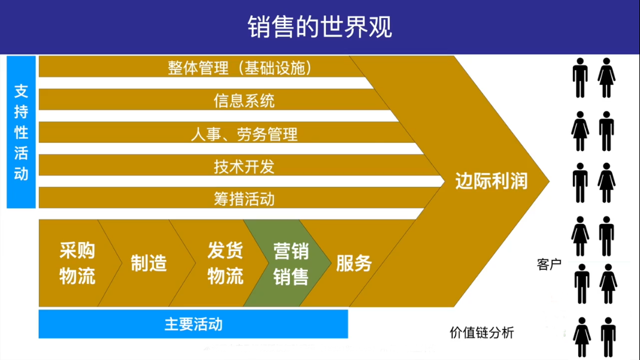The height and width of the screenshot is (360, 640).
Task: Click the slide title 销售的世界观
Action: (320, 27)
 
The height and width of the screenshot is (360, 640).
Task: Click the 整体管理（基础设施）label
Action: (240, 68)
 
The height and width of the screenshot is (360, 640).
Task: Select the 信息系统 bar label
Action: (244, 101)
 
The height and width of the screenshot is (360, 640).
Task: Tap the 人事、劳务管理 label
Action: (244, 134)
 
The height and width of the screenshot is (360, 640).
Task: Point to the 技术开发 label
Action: (244, 167)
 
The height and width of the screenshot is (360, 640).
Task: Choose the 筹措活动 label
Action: (244, 199)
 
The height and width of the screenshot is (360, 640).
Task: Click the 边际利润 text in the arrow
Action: (492, 181)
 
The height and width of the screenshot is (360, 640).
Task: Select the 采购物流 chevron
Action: (78, 264)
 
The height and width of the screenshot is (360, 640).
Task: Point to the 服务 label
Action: (354, 264)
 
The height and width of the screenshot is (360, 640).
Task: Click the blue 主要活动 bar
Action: (193, 324)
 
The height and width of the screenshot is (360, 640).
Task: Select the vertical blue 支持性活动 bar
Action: (21, 132)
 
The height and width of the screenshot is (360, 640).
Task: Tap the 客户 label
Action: (549, 265)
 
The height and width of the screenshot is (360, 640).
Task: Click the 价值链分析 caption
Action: (481, 332)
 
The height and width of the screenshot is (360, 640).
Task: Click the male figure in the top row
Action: (580, 78)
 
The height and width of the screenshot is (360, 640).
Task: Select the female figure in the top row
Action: (606, 78)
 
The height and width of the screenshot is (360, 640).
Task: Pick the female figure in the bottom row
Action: (582, 337)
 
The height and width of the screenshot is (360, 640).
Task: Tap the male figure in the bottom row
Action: (608, 337)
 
